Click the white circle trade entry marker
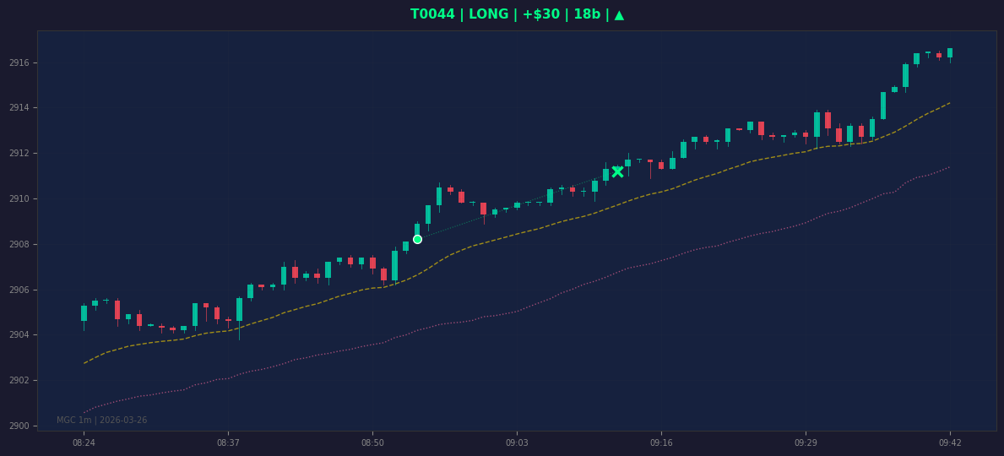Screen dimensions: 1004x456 [x=417, y=240]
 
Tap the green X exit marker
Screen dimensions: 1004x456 [x=617, y=171]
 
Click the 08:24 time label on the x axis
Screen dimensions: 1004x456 [x=84, y=442]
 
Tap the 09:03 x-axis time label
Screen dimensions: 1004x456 [x=517, y=442]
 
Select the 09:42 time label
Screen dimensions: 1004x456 [x=950, y=442]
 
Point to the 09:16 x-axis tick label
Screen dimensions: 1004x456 [x=661, y=442]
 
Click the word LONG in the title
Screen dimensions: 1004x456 [x=489, y=14]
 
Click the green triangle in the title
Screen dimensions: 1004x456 [x=619, y=14]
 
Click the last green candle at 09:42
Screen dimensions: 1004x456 [x=950, y=53]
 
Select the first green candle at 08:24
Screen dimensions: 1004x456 [x=84, y=313]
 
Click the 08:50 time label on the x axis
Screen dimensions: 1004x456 [x=372, y=442]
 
